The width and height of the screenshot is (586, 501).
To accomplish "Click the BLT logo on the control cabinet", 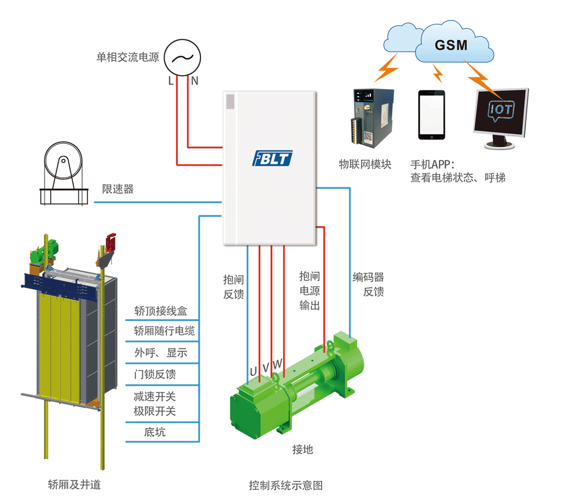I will coord(272,158).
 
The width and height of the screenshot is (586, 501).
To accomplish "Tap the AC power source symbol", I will coord(182,57).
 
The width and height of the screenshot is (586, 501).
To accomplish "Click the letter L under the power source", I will coord(171,82).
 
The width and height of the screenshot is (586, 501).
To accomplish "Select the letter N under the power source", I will coord(195,82).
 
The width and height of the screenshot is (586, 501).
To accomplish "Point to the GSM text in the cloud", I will coord(451,45).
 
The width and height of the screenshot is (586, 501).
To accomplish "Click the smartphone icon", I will coord(431,114).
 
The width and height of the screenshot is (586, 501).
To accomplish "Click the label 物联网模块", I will coord(365,164).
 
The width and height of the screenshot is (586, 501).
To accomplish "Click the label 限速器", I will coord(118,189).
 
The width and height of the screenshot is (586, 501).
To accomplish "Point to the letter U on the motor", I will coord(253,372).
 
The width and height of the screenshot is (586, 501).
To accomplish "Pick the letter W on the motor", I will coord(278,365).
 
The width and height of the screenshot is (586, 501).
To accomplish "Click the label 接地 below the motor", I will coord(303,450).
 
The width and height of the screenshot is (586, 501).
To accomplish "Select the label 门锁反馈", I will coord(155,374).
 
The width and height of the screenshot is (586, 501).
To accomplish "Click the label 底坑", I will coord(155,432).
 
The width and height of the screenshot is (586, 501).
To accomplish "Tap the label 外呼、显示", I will coord(161,353).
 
